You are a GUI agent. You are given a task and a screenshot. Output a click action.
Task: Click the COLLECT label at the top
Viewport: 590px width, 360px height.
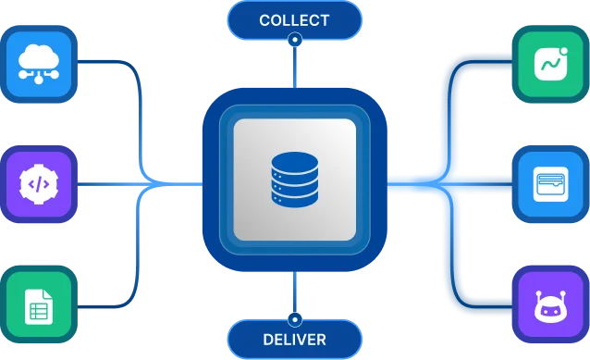pos(294,19)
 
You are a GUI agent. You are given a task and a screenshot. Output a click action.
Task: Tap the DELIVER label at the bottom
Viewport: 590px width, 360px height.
pos(294,340)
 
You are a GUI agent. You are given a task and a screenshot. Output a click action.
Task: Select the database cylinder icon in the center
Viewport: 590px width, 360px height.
pos(294,180)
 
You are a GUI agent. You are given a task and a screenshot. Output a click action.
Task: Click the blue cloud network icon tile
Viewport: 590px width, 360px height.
pos(38,62)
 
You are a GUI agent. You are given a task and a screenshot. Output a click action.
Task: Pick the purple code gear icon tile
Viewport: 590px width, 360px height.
pos(38,184)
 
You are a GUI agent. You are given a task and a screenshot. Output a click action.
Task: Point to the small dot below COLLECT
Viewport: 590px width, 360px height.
pos(294,40)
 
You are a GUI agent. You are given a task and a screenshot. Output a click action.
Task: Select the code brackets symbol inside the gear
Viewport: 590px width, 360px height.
pos(38,184)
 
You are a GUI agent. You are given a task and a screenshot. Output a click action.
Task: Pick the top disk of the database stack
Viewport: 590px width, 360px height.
pos(294,160)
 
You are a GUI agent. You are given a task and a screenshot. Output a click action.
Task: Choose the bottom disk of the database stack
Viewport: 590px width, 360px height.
pos(294,198)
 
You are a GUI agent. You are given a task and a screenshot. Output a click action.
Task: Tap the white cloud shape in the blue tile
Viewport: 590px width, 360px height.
pos(38,56)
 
